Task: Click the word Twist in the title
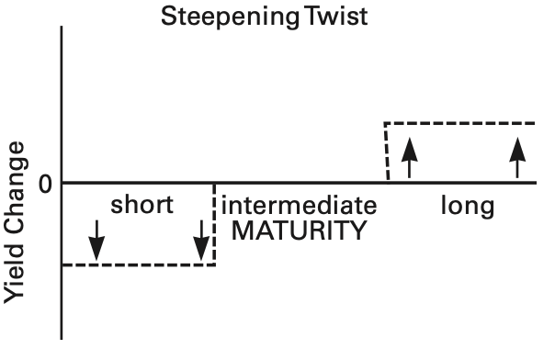(336, 16)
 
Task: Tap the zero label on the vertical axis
(45, 185)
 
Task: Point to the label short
(142, 205)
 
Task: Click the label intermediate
(299, 206)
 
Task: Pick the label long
(468, 207)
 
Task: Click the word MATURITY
(299, 231)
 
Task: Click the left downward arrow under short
(96, 241)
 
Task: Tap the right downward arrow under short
(201, 241)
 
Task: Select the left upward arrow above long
(410, 158)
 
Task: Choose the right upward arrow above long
(517, 158)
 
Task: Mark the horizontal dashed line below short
(139, 264)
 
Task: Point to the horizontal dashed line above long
(459, 123)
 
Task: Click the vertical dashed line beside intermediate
(214, 224)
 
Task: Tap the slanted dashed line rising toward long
(387, 152)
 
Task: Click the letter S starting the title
(168, 17)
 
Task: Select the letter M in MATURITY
(242, 231)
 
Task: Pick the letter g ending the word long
(487, 209)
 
